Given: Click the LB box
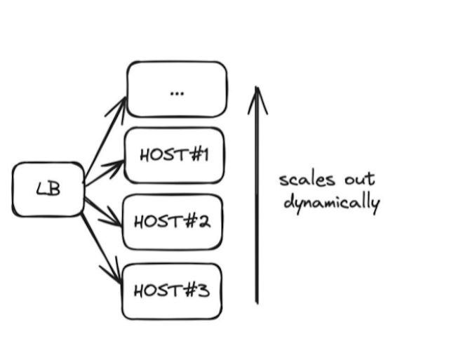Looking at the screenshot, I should pos(48,189).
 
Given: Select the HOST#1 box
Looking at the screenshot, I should pos(174,155).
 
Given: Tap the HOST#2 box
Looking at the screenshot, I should pos(173,222).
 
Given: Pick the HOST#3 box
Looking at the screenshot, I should pos(172,290).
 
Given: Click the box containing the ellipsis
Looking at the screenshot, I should pos(177,89).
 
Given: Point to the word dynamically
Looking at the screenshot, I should pos(331,204).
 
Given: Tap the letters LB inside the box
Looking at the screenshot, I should pos(48,189).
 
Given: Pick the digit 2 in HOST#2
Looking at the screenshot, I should pos(203,222).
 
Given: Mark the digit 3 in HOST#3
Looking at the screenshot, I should pos(203,290).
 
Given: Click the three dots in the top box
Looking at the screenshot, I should pos(177,92).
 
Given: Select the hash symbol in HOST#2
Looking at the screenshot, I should pos(189,222).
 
